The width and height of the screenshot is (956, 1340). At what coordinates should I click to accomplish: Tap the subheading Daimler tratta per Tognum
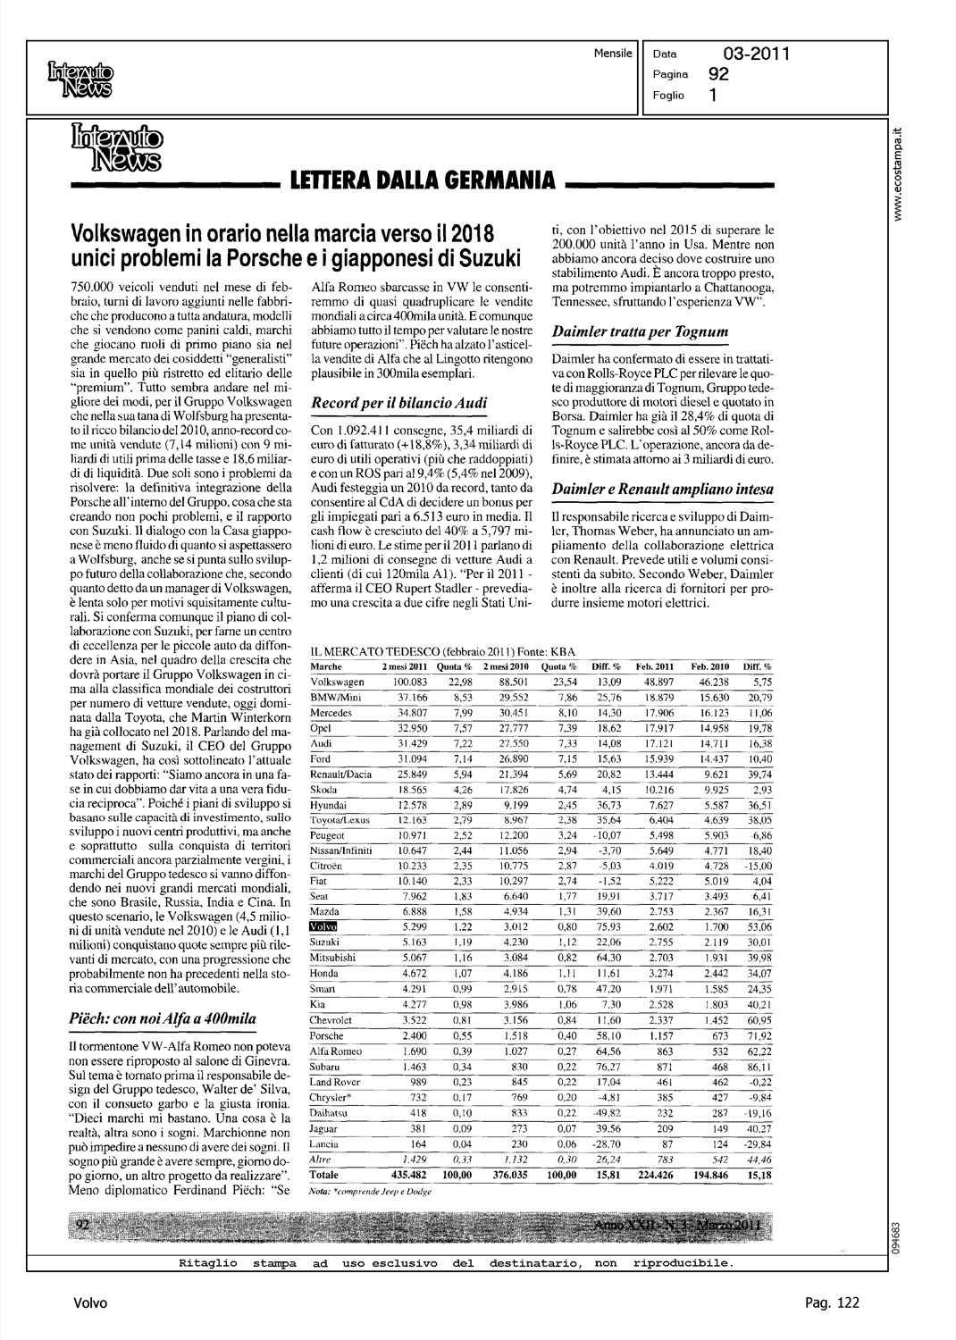pos(640,332)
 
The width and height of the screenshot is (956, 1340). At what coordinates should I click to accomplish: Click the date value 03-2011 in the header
pos(756,54)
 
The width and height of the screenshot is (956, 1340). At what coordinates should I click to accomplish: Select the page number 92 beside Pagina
pos(717,74)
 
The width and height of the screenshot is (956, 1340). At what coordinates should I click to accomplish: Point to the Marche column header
pos(324,666)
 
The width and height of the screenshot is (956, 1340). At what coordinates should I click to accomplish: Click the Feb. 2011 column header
pos(654,666)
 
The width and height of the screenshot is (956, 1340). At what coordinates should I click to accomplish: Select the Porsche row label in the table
pos(325,1035)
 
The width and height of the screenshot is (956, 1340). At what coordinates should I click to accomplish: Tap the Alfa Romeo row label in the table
pos(331,1051)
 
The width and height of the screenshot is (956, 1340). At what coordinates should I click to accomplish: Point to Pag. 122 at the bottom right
pos(832,1302)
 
